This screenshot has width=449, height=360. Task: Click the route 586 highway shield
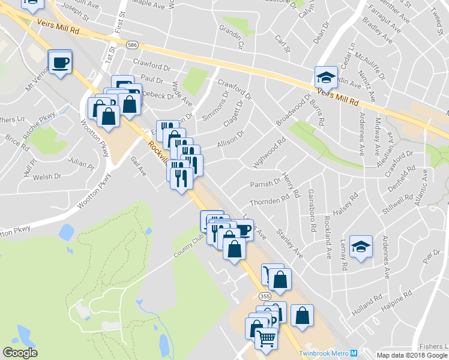(131, 44)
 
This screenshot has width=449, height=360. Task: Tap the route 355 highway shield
(265, 296)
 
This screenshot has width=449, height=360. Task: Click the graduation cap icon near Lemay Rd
(361, 247)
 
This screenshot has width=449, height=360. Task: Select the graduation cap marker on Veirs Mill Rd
(325, 77)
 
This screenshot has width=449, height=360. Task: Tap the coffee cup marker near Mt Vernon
(61, 62)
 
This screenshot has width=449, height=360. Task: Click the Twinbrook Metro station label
(324, 353)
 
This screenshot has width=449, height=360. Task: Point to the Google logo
(20, 353)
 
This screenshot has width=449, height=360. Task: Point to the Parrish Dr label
(266, 182)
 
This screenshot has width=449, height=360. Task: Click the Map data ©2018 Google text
(412, 355)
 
